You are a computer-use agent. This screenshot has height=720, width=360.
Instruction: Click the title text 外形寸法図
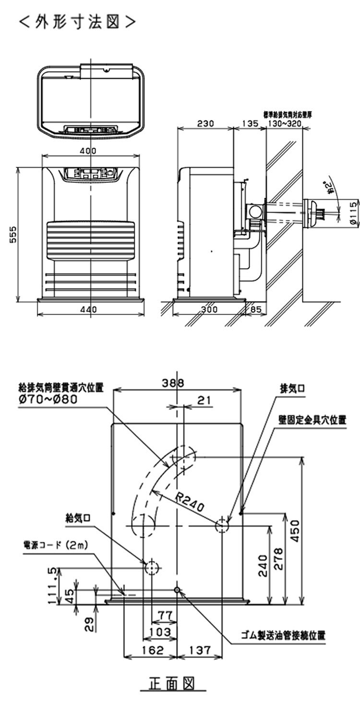pyautogui.click(x=77, y=22)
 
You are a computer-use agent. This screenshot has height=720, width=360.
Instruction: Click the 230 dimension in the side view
pyautogui.click(x=205, y=123)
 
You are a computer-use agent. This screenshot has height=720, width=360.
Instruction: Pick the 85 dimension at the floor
pyautogui.click(x=255, y=310)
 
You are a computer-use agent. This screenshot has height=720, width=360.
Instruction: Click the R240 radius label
pyautogui.click(x=190, y=502)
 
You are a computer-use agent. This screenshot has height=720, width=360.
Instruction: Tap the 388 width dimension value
pyautogui.click(x=173, y=383)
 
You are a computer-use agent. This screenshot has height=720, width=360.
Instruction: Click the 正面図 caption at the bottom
pyautogui.click(x=170, y=683)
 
